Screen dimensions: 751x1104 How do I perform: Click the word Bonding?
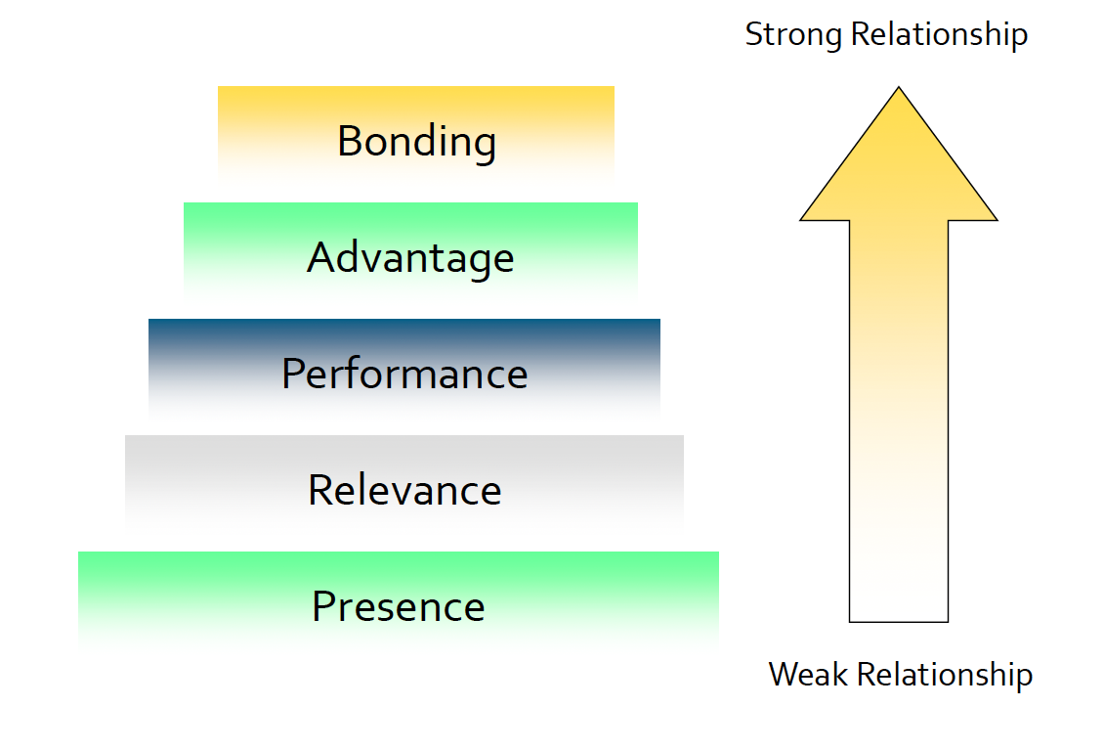416,142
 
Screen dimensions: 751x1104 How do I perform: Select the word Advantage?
410,258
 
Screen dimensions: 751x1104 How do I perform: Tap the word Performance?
404,375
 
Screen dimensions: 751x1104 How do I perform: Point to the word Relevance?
404,490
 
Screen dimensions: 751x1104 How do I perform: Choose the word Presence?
399,606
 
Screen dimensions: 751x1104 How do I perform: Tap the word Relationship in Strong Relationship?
939,35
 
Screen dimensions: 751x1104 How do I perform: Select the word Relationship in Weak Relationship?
943,675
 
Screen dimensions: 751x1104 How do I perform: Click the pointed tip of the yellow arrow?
899,91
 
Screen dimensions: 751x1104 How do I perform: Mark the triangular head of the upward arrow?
899,171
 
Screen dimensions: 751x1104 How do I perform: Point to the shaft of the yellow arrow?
899,420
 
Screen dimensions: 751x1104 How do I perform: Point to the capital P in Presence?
321,606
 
